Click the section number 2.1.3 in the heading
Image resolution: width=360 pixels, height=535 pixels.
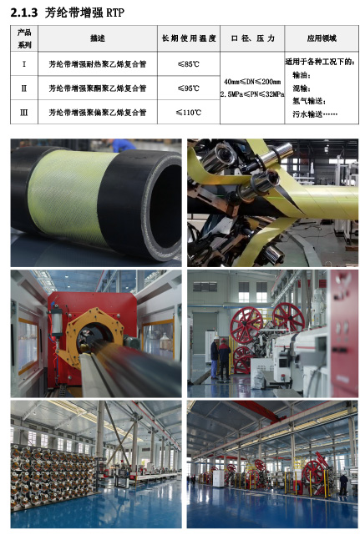click(24, 13)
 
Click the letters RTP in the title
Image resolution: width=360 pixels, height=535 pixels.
click(115, 13)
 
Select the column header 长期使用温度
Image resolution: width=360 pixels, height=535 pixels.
click(189, 38)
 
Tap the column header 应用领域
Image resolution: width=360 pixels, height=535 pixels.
click(322, 38)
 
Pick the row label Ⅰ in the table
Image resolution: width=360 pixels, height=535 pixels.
click(24, 63)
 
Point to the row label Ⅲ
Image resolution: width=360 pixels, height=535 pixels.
click(24, 112)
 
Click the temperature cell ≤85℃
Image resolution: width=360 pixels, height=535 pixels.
click(189, 63)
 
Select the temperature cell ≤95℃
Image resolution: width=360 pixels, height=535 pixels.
click(189, 88)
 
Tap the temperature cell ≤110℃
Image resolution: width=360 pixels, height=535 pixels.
click(189, 112)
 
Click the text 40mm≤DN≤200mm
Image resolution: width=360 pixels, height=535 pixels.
click(252, 82)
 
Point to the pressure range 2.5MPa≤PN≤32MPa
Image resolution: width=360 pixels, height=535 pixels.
click(252, 94)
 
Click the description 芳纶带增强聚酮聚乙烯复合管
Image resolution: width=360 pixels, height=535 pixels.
click(98, 88)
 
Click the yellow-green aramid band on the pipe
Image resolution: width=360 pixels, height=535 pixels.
click(70, 194)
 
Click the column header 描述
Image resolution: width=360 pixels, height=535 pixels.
click(98, 38)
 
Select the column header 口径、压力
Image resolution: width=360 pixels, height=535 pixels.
click(252, 38)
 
